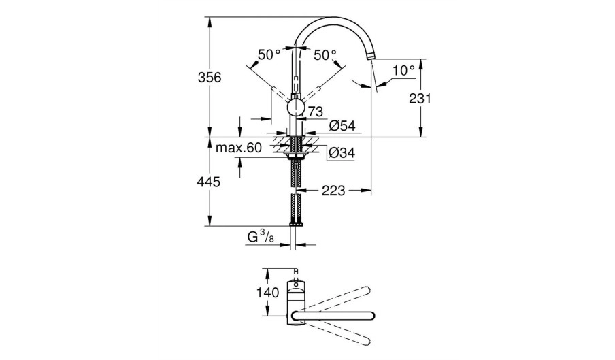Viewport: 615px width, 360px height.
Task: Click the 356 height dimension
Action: [x=210, y=78]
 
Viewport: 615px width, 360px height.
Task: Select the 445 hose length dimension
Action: [x=209, y=182]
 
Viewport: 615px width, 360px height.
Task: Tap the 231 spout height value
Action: [x=420, y=99]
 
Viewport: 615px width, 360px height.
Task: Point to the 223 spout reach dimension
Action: [x=333, y=191]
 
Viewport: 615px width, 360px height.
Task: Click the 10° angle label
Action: [x=403, y=71]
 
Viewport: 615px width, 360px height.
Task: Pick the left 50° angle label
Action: [x=269, y=54]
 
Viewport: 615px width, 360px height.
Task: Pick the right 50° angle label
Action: [x=325, y=54]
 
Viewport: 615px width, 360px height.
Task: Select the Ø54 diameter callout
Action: [x=342, y=125]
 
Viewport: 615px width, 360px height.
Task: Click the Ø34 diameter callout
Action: [x=342, y=152]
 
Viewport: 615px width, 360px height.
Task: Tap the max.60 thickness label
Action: [x=239, y=148]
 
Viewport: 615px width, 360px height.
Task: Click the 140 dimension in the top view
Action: [x=268, y=293]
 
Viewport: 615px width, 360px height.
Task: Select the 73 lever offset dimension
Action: [x=316, y=112]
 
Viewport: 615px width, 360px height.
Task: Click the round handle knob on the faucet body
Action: [x=296, y=108]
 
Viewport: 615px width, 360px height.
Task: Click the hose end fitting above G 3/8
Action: [x=297, y=224]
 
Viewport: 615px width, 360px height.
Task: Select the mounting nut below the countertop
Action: [x=297, y=157]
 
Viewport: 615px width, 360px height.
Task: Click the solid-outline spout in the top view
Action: [x=333, y=315]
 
